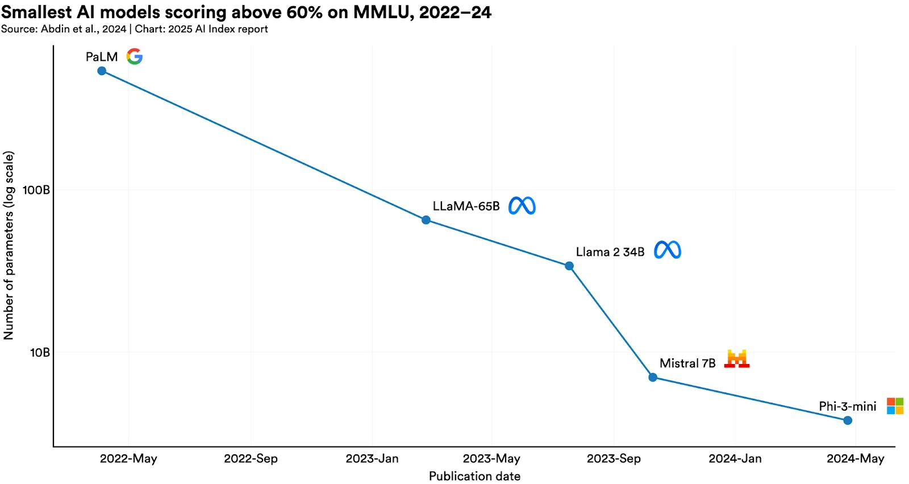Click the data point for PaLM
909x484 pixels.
point(102,71)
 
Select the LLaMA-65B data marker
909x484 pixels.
point(426,220)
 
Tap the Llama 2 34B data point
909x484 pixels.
point(569,266)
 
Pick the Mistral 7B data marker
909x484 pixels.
point(653,377)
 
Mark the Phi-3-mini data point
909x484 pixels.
point(848,420)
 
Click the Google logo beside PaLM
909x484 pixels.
point(135,56)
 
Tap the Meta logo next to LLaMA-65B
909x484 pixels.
point(522,206)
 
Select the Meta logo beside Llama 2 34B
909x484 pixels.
point(668,250)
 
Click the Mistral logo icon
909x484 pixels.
point(737,359)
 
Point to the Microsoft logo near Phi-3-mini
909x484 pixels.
point(895,406)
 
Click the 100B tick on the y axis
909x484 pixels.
point(36,190)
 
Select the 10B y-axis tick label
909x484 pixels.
point(40,353)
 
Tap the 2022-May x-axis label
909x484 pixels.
point(128,458)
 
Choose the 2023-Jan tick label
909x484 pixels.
point(372,458)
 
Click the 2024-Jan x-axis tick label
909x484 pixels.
point(735,458)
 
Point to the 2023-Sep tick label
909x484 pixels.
point(614,458)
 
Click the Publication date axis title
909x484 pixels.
point(474,476)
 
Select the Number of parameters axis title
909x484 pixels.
point(9,246)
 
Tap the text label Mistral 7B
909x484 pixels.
point(687,363)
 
